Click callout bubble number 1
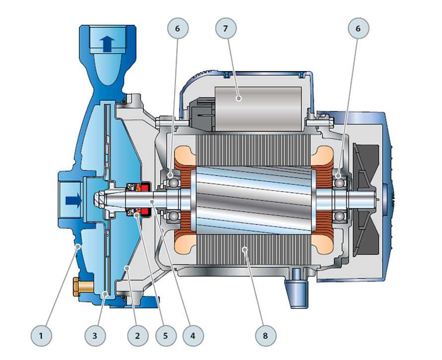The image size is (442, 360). click(x=41, y=336)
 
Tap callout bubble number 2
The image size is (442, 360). click(x=137, y=336)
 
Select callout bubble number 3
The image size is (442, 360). click(x=95, y=336)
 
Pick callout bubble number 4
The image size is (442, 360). click(x=193, y=336)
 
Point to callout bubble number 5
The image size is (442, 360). click(x=166, y=336)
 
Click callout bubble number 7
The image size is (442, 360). click(x=226, y=28)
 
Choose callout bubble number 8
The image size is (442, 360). click(x=265, y=336)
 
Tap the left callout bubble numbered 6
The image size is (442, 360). click(x=178, y=28)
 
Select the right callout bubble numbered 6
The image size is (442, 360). click(x=358, y=28)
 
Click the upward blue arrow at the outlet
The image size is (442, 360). click(x=107, y=44)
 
